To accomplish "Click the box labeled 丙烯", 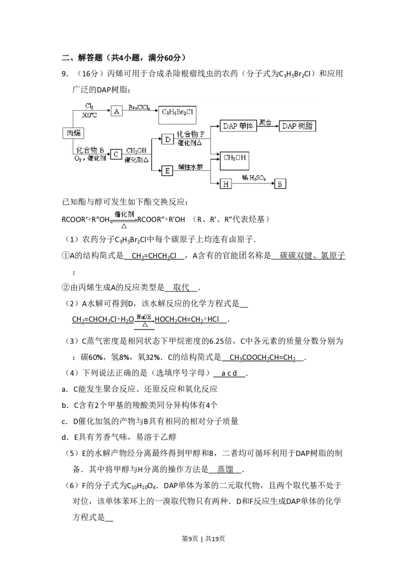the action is [72, 133].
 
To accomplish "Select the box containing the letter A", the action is [117, 112].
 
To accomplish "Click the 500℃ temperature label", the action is [90, 115].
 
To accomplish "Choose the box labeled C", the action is [116, 153].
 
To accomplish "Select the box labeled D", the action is [167, 139].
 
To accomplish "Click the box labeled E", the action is [167, 171].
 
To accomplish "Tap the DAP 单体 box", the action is [238, 126].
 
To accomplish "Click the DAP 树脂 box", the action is [298, 126].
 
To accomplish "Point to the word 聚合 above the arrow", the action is [265, 122].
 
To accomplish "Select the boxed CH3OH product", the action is [236, 159].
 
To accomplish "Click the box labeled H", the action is [225, 183].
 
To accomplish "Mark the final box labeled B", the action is [280, 183].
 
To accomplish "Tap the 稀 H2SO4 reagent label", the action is [253, 177].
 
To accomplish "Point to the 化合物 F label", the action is [190, 135].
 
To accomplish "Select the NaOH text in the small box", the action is [144, 317].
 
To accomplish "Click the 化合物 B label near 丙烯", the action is [90, 150].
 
